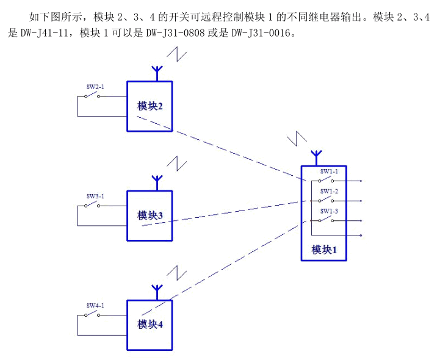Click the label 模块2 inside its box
(x=150, y=106)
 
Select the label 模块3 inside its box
(x=150, y=215)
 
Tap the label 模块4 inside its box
(x=150, y=325)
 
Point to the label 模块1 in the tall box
(x=324, y=250)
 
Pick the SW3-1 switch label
(x=95, y=196)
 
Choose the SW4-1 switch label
(x=95, y=306)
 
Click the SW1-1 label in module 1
(x=330, y=172)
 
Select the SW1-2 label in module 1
(x=330, y=192)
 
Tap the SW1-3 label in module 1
(x=330, y=211)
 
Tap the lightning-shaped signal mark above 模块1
(x=296, y=137)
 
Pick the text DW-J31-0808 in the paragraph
(x=177, y=32)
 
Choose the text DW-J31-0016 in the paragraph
(x=264, y=32)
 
